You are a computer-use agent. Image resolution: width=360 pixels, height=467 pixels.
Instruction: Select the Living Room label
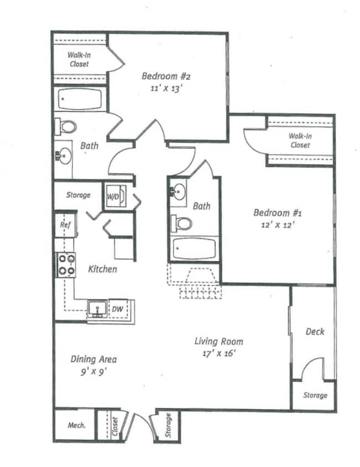(220, 341)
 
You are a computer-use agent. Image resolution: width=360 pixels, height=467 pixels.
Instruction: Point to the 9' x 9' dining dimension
(93, 371)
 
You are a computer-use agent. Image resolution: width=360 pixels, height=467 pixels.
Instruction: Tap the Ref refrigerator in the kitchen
(64, 225)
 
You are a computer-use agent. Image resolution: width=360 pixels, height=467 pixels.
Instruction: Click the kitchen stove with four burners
(66, 264)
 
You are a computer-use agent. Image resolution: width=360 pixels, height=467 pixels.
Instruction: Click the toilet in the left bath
(67, 127)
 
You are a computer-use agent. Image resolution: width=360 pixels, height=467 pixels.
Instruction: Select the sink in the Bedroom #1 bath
(178, 191)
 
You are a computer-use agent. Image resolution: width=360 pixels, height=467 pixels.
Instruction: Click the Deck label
(315, 331)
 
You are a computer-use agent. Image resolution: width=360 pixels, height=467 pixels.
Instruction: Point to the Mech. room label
(76, 426)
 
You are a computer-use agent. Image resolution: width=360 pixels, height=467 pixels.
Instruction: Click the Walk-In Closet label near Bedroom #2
(79, 59)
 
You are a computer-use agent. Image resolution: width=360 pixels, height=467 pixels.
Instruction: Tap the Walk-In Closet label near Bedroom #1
(299, 141)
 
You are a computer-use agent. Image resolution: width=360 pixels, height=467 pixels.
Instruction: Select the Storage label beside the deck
(315, 395)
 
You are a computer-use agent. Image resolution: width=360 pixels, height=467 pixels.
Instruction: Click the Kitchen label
(102, 269)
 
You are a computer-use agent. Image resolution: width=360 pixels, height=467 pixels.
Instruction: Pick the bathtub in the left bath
(80, 100)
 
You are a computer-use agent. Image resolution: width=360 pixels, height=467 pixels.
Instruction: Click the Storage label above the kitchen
(78, 195)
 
